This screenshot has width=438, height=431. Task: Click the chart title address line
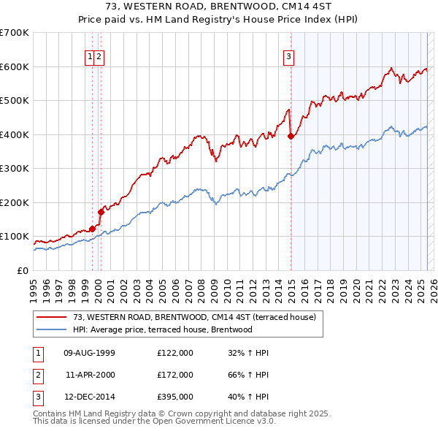(x=219, y=7)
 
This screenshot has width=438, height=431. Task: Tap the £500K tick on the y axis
(x=15, y=100)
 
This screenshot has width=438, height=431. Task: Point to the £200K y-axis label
(x=15, y=202)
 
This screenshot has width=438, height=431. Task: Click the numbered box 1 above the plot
(x=90, y=56)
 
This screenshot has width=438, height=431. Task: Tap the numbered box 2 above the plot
(x=99, y=56)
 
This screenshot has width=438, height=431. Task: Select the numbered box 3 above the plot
(x=289, y=56)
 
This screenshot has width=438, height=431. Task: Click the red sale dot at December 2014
(x=291, y=136)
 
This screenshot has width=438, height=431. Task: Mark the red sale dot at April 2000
(x=101, y=212)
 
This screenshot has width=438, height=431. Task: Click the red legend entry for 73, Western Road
(x=193, y=318)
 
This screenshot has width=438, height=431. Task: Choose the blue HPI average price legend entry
(x=162, y=329)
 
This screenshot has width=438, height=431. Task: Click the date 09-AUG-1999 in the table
(x=89, y=353)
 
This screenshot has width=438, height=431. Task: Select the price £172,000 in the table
(x=174, y=375)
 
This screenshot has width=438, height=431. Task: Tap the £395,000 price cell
(x=174, y=397)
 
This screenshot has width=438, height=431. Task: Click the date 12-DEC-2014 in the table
(x=89, y=397)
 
